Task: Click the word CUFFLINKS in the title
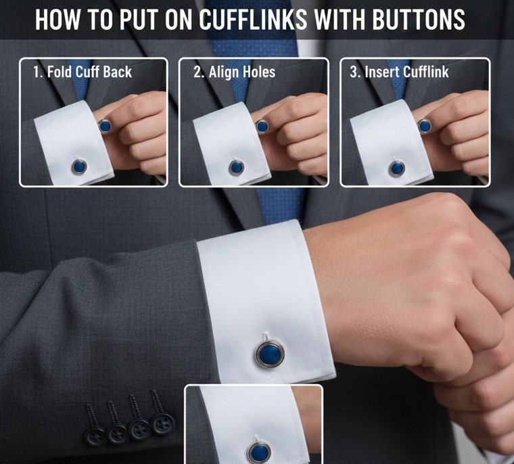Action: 253,20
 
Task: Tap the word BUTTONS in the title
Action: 419,20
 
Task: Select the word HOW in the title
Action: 57,20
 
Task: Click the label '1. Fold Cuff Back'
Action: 83,72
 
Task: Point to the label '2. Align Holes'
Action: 235,72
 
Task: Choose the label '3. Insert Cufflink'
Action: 399,72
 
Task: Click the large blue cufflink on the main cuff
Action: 270,354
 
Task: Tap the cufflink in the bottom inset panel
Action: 259,453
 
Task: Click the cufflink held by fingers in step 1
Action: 105,126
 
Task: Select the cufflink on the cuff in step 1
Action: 79,167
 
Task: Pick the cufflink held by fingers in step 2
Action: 262,126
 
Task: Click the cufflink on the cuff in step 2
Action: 236,168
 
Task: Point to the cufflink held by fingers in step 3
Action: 425,126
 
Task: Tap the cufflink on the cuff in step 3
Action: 396,168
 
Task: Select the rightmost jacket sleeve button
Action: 162,423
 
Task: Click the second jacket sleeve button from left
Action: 118,434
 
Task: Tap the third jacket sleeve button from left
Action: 140,429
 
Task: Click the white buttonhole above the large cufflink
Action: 266,337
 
